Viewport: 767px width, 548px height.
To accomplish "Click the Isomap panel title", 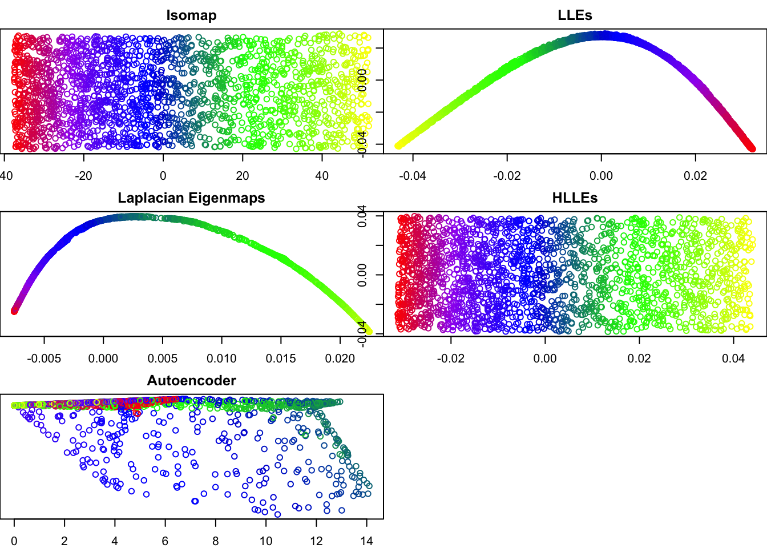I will (x=191, y=15).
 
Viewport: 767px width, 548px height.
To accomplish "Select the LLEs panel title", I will (x=575, y=15).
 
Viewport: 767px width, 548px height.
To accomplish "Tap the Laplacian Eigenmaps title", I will (x=191, y=198).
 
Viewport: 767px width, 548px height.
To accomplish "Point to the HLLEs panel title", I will (x=575, y=198).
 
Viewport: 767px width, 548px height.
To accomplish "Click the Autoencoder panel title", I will (x=191, y=381).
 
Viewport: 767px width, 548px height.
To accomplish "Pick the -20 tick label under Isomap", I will (x=83, y=176).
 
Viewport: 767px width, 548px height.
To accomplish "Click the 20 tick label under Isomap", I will (x=243, y=176).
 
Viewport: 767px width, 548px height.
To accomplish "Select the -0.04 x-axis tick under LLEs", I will (x=412, y=176).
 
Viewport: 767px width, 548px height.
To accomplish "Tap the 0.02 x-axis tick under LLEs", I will (x=695, y=176).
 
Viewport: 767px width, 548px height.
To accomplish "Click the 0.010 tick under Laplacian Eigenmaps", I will (x=221, y=358).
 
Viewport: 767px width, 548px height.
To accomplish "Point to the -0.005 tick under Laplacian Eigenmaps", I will (x=44, y=358).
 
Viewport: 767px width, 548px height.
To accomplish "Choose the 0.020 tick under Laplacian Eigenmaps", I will (x=340, y=358).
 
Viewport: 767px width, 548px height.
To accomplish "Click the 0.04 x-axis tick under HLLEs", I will (x=733, y=358).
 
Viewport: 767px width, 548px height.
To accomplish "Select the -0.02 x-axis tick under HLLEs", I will (x=450, y=358).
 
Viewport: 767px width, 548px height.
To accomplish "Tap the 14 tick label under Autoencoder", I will (x=366, y=541).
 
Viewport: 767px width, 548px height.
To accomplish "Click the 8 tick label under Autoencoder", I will (x=216, y=541).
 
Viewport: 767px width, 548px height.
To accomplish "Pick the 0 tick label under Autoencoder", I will (x=14, y=541).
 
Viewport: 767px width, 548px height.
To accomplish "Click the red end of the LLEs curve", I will (x=752, y=148).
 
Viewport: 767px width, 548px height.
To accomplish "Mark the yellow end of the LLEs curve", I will (x=398, y=146).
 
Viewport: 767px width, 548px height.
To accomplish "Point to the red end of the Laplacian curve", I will (x=15, y=311).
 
